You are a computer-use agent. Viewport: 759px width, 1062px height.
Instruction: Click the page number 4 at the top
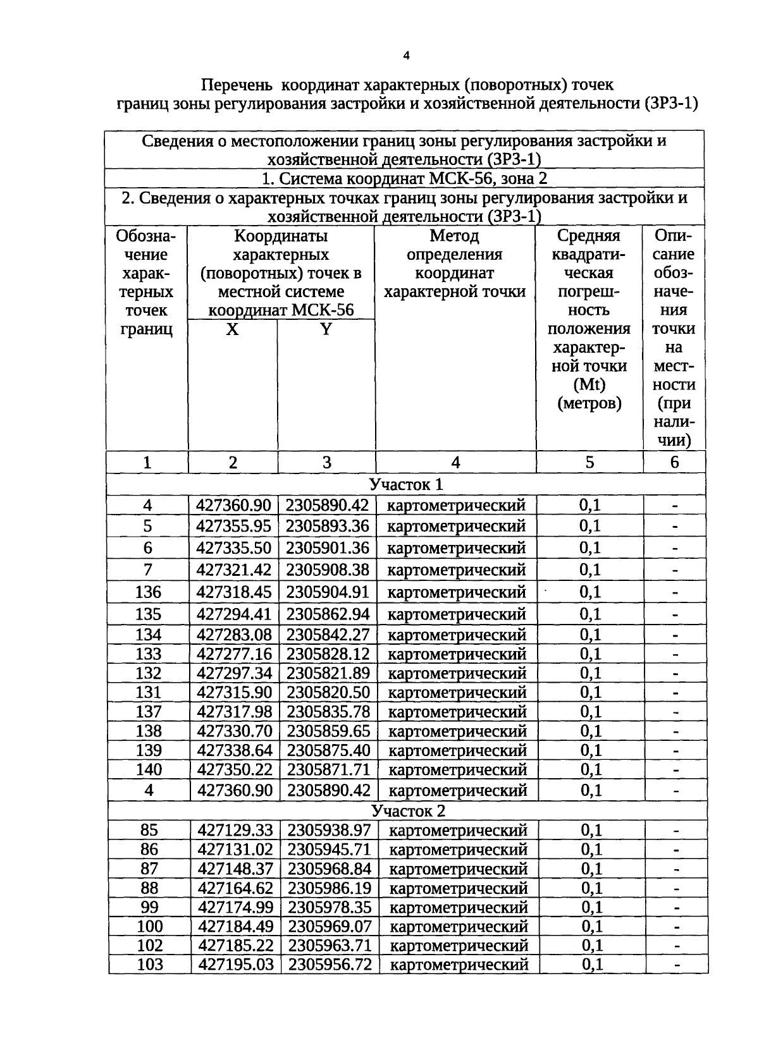407,56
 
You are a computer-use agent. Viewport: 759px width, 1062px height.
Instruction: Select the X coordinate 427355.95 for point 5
233,526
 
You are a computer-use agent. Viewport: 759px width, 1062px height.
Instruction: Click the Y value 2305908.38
327,570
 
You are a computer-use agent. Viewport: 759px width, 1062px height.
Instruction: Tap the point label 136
148,592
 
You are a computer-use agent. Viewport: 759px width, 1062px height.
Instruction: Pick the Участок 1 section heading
406,484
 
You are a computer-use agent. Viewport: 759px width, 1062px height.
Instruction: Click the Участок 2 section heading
408,811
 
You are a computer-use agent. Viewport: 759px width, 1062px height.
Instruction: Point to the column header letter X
233,329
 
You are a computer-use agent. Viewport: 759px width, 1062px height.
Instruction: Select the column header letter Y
326,329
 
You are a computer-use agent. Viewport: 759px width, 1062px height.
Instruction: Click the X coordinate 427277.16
234,654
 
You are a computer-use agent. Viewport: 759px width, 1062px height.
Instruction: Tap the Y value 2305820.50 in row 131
328,692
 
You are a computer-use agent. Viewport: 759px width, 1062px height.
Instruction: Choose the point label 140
149,770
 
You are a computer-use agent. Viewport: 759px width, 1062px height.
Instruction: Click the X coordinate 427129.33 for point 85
235,830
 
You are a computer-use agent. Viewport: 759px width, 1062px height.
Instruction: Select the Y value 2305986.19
330,888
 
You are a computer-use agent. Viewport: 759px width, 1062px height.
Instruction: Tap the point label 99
149,908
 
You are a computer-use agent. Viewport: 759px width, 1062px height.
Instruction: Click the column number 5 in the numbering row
589,463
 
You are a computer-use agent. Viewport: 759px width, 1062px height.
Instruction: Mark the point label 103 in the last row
150,965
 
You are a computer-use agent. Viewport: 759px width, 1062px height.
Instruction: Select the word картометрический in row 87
458,869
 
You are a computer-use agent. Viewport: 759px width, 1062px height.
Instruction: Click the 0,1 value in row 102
592,946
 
